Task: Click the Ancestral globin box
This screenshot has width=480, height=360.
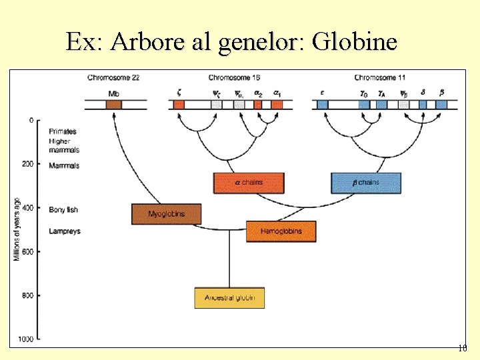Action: click(x=229, y=297)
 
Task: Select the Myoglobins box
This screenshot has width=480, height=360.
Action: click(x=166, y=214)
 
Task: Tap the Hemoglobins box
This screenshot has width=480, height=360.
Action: click(x=281, y=231)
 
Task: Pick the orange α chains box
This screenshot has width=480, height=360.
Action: click(x=249, y=183)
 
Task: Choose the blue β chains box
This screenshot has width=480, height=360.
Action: click(x=366, y=183)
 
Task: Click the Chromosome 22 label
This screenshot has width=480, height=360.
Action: click(x=113, y=78)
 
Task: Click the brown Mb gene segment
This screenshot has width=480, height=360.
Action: click(x=114, y=104)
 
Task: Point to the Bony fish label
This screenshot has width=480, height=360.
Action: click(x=63, y=210)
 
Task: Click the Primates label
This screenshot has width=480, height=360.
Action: click(x=63, y=131)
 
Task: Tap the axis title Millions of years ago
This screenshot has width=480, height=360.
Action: click(x=16, y=229)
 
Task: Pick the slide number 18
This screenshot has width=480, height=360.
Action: click(x=463, y=348)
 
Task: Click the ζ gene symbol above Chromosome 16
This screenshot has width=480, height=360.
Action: click(x=179, y=93)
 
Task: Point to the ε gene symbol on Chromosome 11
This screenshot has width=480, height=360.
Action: click(x=323, y=93)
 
